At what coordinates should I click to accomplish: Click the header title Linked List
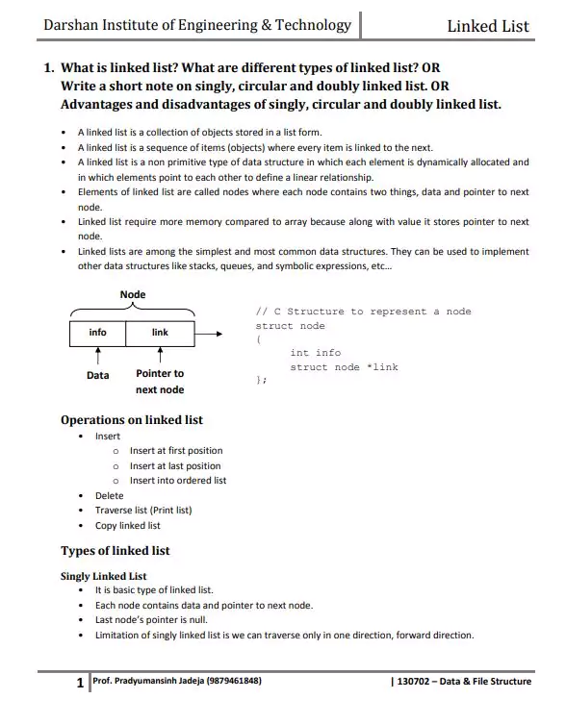(x=487, y=26)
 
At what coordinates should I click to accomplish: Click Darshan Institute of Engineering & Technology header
(x=196, y=25)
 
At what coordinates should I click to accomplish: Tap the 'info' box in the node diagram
(x=97, y=333)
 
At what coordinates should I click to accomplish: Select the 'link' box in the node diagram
(x=160, y=333)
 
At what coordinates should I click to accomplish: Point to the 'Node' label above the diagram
(x=133, y=294)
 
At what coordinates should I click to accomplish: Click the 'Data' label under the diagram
(x=97, y=375)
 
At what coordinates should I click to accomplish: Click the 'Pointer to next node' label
(x=160, y=382)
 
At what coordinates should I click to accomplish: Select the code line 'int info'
(x=315, y=353)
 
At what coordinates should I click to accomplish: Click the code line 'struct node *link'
(x=344, y=367)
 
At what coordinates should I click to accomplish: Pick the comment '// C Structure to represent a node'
(x=363, y=312)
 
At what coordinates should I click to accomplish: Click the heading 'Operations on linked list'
(x=131, y=420)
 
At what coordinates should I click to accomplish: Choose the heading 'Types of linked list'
(x=115, y=551)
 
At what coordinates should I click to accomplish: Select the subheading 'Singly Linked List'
(x=103, y=576)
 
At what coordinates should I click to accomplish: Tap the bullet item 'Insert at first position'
(x=175, y=451)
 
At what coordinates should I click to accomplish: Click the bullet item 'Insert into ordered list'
(x=178, y=481)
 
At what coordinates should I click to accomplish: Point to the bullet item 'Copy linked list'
(x=127, y=526)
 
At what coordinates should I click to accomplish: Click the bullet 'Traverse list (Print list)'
(x=142, y=511)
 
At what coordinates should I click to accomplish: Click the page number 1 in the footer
(x=80, y=683)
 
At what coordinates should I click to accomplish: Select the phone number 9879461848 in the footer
(x=232, y=682)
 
